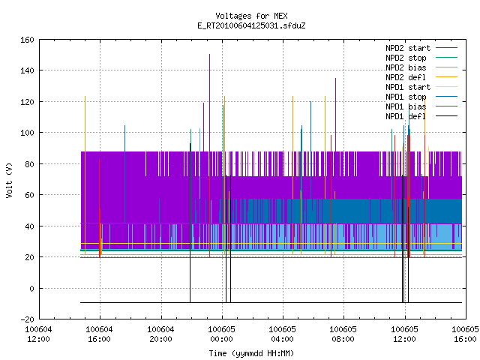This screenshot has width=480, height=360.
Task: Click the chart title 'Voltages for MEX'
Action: pos(251,16)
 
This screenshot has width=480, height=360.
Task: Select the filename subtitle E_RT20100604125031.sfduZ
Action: pos(251,25)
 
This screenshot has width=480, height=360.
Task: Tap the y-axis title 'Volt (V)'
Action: pos(9,180)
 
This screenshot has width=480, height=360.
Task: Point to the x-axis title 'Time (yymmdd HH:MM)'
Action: pos(251,353)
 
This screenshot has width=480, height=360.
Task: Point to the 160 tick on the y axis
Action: pos(27,40)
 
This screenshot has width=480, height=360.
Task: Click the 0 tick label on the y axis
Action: pos(31,289)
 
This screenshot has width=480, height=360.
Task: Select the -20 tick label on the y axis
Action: pos(27,319)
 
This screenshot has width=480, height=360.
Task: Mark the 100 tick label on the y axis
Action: pos(27,133)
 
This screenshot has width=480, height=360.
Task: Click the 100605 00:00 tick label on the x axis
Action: pos(222,334)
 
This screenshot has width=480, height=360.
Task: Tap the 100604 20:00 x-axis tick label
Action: pos(160,334)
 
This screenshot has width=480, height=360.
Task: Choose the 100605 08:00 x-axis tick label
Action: pos(343,334)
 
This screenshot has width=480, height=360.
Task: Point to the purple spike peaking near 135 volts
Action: pos(335,115)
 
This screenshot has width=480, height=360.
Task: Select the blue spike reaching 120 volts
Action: pos(310,150)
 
